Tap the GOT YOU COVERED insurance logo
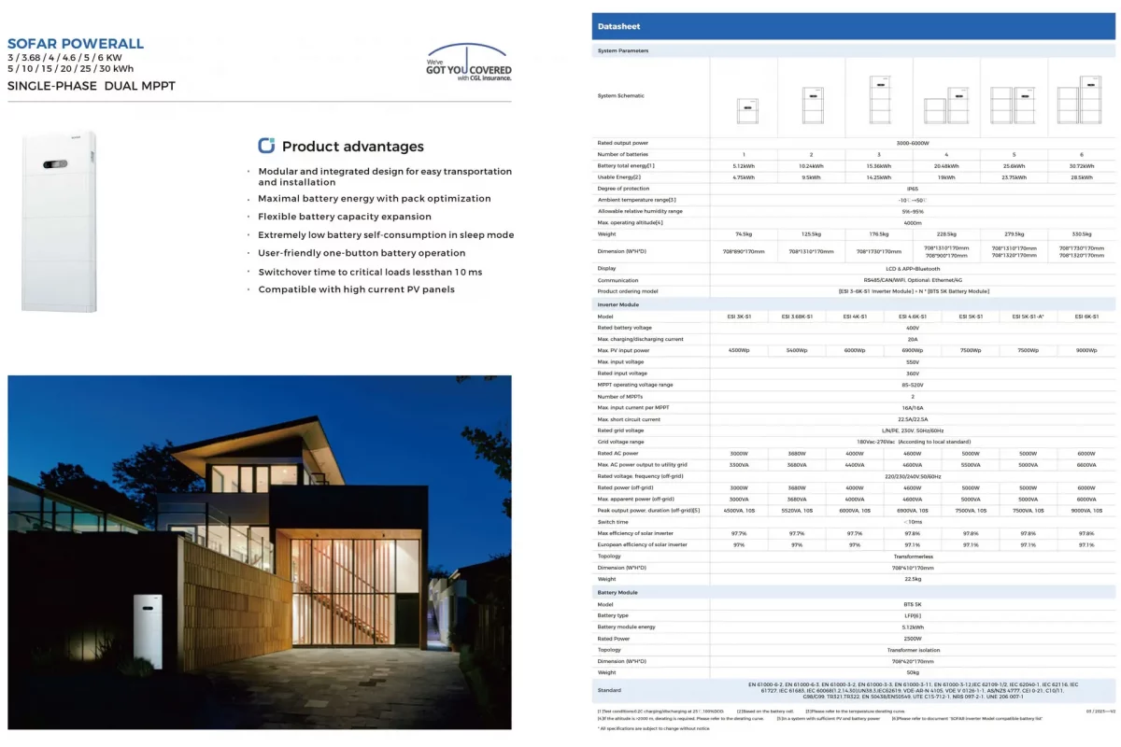point(469,64)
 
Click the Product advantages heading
point(352,147)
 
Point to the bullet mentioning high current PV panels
point(356,289)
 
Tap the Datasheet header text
point(617,27)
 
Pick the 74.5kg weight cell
point(744,234)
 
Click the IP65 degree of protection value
point(904,189)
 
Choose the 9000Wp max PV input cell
point(1086,350)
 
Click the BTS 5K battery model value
point(904,604)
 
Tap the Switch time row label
point(614,522)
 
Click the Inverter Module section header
point(618,305)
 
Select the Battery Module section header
point(617,593)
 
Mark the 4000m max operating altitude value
point(904,222)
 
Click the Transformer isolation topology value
point(904,650)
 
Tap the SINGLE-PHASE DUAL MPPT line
point(91,87)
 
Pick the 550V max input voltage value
point(904,361)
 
